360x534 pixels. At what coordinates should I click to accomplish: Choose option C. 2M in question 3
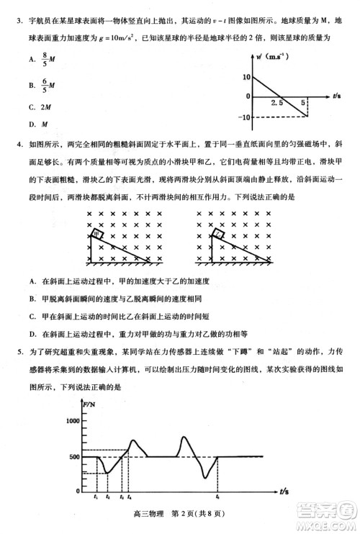tap(40, 107)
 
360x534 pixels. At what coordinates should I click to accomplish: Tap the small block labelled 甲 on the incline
tap(96, 234)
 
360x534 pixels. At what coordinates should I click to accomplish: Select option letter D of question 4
tap(32, 333)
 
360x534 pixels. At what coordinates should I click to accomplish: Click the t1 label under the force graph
tap(96, 497)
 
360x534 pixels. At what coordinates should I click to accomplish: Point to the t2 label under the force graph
tap(107, 497)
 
